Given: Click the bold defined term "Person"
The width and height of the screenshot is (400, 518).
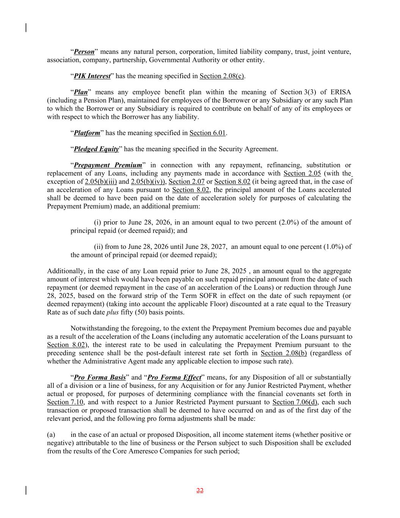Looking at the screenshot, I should coord(84,52).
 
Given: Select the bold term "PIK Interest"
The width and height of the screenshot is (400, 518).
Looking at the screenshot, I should coord(92,76).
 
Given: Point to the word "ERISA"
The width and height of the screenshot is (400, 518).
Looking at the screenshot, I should coord(340,92).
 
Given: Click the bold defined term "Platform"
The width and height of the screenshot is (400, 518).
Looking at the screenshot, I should coord(87,133).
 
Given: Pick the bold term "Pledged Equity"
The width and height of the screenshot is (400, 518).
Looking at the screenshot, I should coord(96,149).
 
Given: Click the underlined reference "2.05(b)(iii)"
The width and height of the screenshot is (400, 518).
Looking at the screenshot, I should coord(101,181).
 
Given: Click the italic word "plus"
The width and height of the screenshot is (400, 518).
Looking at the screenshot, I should coord(112,312).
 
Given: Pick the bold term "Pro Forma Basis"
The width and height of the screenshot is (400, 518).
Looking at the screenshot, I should coord(100,378).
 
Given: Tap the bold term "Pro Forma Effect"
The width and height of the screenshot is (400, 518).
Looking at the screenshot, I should coord(174,378).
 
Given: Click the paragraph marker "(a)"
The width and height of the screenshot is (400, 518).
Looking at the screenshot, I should coord(51,435).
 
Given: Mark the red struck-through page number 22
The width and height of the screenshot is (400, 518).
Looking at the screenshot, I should coord(200,491).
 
